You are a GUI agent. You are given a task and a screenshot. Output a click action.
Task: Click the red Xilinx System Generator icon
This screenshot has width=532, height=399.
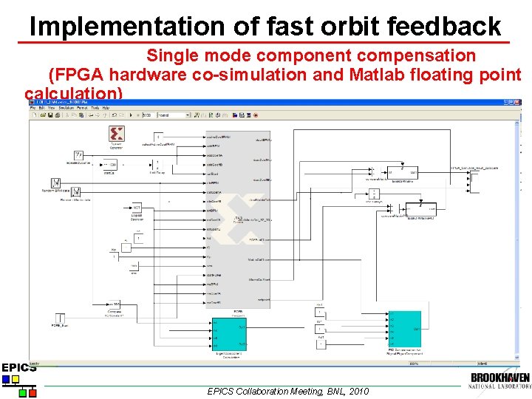[116, 134]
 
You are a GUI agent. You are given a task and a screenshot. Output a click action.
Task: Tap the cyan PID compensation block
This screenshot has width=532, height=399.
[406, 329]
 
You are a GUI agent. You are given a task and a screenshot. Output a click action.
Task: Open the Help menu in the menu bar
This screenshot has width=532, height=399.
[106, 109]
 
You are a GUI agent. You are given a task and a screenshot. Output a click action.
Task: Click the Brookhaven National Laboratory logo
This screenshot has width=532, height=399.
[499, 381]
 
